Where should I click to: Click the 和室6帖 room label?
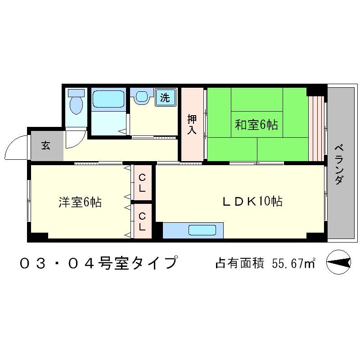pyautogui.click(x=256, y=125)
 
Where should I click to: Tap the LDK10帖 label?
pyautogui.click(x=252, y=202)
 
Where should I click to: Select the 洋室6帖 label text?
pyautogui.click(x=80, y=202)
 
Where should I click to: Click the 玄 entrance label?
pyautogui.click(x=46, y=145)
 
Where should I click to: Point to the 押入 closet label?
pyautogui.click(x=192, y=125)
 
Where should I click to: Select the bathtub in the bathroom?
pyautogui.click(x=108, y=99)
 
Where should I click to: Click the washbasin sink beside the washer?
pyautogui.click(x=142, y=97)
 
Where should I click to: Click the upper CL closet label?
pyautogui.click(x=142, y=183)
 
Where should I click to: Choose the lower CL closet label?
pyautogui.click(x=142, y=221)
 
